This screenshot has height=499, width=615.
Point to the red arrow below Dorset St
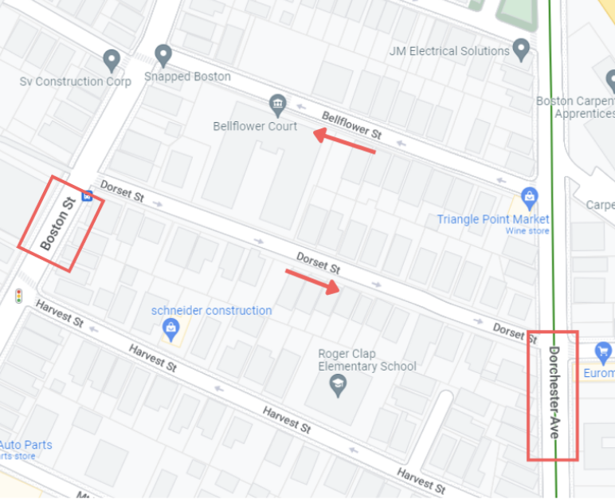(x=312, y=281)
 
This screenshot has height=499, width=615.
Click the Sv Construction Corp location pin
(x=112, y=61)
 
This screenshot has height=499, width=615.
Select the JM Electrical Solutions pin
(x=522, y=49)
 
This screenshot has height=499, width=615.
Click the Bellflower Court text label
(x=255, y=126)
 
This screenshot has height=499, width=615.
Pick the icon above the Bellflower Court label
(x=277, y=104)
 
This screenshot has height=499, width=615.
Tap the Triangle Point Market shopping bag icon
(x=529, y=196)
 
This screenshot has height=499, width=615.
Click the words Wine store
(x=527, y=231)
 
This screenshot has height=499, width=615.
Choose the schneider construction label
(x=212, y=310)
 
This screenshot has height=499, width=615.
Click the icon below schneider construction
(x=170, y=328)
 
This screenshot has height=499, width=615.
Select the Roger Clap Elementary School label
(x=367, y=360)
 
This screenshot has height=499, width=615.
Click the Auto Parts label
(x=25, y=445)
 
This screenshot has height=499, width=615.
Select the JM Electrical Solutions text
(x=449, y=51)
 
